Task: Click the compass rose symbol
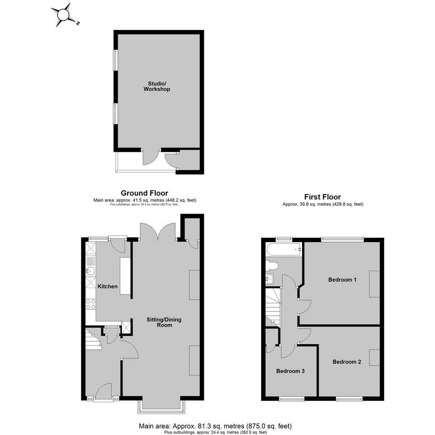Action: (64, 15)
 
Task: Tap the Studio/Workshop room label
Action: (157, 86)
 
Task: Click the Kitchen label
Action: (108, 286)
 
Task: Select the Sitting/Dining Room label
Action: (164, 322)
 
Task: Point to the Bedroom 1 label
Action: (342, 280)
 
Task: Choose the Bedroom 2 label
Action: (347, 362)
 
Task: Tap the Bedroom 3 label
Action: (290, 371)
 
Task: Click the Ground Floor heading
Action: (145, 193)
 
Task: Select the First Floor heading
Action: (322, 197)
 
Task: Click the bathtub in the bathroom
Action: (284, 249)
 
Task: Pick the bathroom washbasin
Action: (269, 279)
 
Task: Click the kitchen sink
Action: (91, 271)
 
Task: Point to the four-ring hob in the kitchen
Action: (91, 304)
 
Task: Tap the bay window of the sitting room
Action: (161, 407)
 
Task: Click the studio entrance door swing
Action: (151, 157)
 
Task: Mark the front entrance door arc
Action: (103, 392)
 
